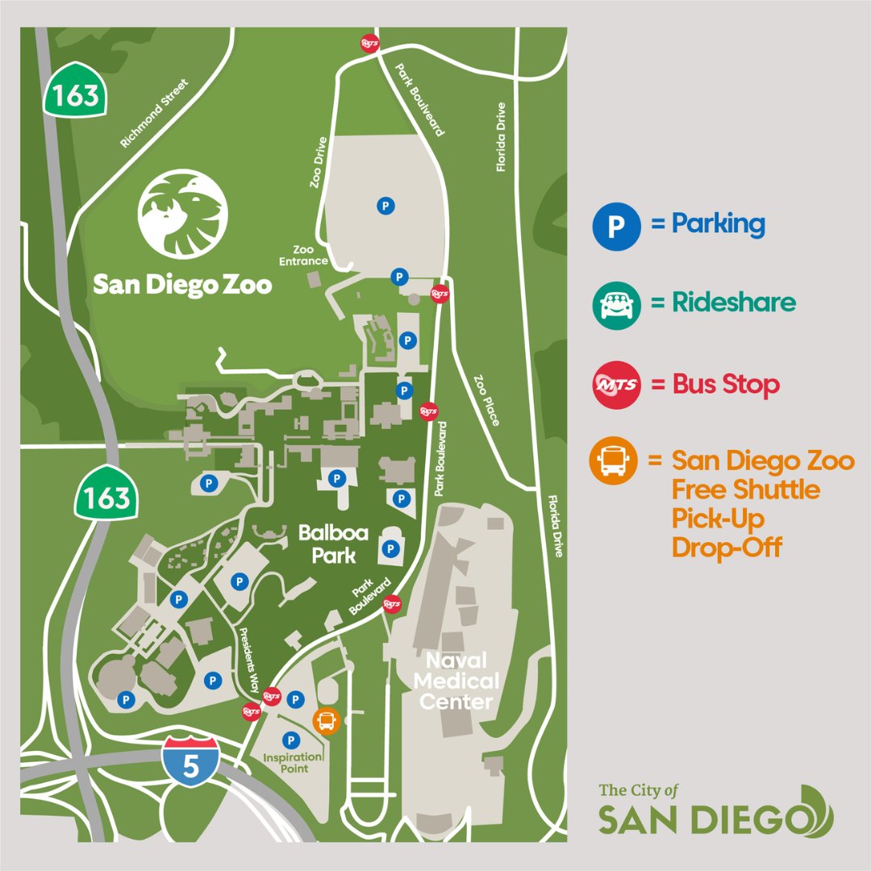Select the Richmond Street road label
[x=153, y=114]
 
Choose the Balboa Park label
[x=327, y=544]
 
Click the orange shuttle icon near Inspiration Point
[x=327, y=720]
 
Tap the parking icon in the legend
[x=617, y=224]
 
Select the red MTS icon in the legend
[x=617, y=385]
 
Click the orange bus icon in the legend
[x=617, y=461]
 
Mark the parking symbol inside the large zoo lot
[x=386, y=206]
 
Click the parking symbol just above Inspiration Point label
[x=290, y=740]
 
